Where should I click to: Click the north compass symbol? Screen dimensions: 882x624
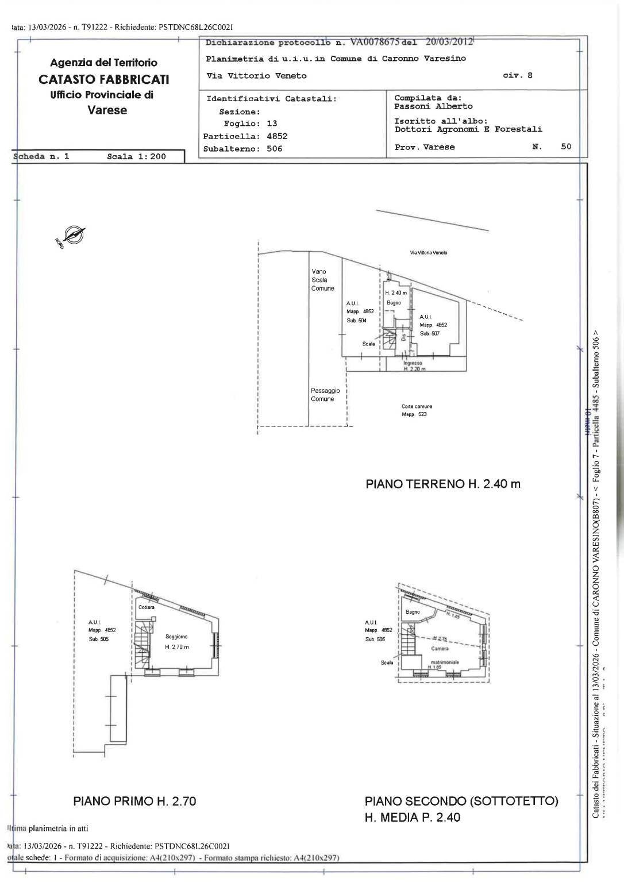coord(72,235)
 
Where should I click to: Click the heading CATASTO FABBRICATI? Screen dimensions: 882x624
coord(103,79)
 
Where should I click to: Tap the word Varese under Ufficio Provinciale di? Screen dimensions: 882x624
coord(107,110)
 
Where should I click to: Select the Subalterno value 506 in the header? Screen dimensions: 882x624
coord(271,149)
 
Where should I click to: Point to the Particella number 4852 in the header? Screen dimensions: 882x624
coord(276,136)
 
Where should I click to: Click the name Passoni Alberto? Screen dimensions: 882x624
coord(433,106)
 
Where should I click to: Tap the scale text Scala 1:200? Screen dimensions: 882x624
coord(136,156)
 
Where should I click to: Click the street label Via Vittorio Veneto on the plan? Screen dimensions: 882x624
coord(429,253)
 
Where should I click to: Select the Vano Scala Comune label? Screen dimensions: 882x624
coord(322,280)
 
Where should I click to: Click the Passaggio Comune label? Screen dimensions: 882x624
coord(325,395)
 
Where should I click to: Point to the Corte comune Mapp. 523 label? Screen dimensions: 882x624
coord(417,410)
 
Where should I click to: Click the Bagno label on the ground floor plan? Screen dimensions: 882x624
coord(394,303)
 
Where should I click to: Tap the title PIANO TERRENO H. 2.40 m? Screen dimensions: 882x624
coord(443,484)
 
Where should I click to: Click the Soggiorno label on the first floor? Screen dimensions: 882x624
coord(176,637)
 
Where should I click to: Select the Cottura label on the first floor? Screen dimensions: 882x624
coord(147,607)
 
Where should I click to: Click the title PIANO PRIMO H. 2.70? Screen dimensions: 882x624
coord(135,800)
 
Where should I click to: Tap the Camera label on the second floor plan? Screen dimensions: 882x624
coord(440,648)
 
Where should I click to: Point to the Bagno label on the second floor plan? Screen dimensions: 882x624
coord(413,612)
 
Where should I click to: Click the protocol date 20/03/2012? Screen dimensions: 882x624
coord(449,41)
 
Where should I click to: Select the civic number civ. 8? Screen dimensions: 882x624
coord(518,75)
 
